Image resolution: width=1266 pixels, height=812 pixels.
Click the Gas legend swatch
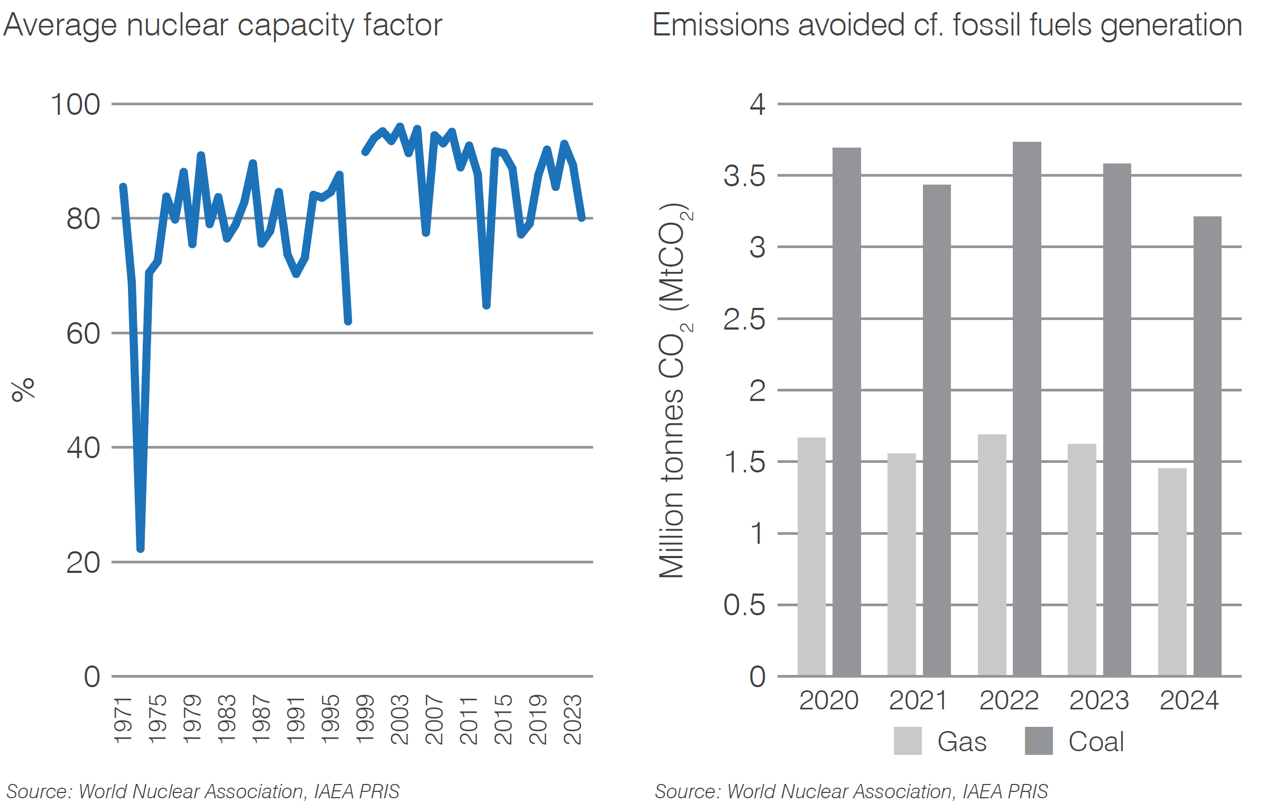pos(907,741)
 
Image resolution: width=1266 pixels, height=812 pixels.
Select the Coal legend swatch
pos(1038,741)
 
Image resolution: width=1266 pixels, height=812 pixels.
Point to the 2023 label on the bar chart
pos(1098,700)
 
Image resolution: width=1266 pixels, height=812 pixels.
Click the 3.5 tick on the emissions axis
pos(744,176)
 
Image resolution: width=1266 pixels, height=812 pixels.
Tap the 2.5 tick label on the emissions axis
pos(744,320)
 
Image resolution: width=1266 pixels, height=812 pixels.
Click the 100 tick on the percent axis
pos(75,105)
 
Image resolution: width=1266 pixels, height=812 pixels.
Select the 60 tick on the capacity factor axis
pos(83,334)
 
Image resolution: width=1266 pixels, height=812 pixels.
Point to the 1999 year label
pos(365,719)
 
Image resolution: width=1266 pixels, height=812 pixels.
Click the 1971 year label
pos(123,720)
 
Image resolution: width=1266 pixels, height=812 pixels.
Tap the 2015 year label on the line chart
pos(503,719)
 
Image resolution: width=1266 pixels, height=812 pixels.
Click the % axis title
pos(23,390)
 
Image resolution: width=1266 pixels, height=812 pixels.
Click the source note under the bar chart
pos(851,791)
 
